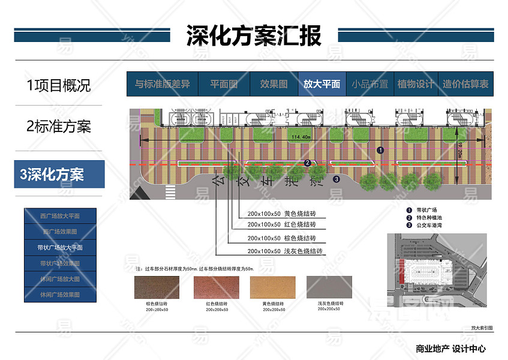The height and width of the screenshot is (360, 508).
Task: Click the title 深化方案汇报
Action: click(x=254, y=35)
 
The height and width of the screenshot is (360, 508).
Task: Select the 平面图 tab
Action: click(x=224, y=85)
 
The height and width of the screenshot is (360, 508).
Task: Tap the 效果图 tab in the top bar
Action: click(x=273, y=85)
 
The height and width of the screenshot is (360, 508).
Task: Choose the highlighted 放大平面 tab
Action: click(x=321, y=85)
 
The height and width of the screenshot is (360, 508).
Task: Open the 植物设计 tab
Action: click(x=415, y=85)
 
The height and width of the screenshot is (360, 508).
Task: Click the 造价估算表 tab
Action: click(x=465, y=85)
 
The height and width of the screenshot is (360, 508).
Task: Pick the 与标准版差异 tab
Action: click(x=162, y=85)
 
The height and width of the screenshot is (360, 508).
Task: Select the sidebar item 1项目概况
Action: click(x=59, y=85)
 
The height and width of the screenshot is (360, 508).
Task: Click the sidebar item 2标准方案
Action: click(x=59, y=127)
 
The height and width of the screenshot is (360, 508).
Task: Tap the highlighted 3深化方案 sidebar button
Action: click(x=59, y=175)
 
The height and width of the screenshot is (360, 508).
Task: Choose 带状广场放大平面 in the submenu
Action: click(x=61, y=247)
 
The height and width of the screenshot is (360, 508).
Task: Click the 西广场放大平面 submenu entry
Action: click(x=60, y=216)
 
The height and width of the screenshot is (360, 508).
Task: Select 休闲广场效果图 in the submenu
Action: click(x=60, y=295)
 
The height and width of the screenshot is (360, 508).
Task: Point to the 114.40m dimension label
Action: click(x=301, y=137)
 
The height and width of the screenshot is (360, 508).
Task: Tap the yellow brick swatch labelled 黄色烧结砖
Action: click(x=272, y=287)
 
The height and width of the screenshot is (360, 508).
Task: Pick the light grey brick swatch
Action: click(x=329, y=287)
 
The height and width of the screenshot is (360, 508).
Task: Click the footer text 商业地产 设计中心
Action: click(x=450, y=349)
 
